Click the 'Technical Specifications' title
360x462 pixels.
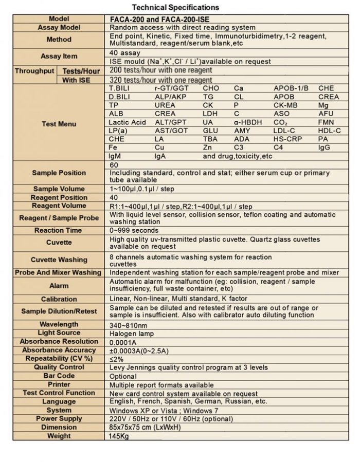(175, 7)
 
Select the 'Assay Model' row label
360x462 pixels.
(59, 27)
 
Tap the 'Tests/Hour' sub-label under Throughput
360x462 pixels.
(80, 71)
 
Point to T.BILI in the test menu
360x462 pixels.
(120, 88)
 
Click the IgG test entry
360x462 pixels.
(324, 147)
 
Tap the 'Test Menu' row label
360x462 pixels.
(59, 124)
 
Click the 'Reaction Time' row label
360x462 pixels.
(58, 230)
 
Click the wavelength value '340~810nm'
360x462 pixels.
(129, 324)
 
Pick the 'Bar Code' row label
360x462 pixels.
(59, 376)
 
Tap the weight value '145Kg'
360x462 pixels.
(119, 436)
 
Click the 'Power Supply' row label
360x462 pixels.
(59, 419)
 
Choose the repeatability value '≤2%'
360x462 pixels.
(117, 359)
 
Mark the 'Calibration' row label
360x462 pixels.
(59, 299)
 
